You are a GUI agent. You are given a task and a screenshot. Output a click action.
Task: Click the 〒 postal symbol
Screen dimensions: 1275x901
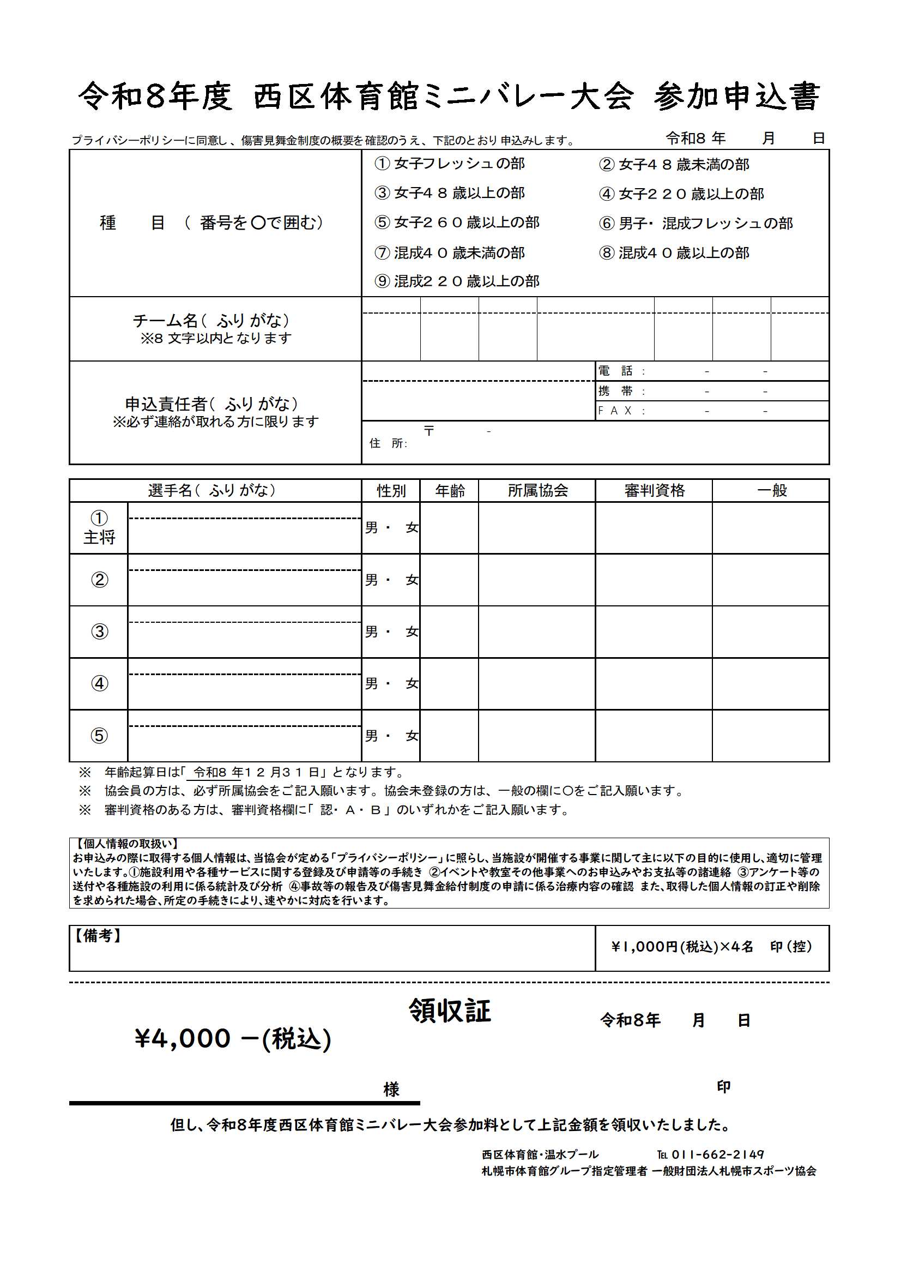tap(429, 431)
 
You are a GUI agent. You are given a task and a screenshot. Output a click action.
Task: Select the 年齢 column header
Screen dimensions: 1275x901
tap(449, 490)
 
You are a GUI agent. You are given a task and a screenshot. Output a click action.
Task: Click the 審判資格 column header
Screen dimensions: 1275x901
tap(654, 490)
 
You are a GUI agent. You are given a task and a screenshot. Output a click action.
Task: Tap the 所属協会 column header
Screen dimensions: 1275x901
tap(537, 490)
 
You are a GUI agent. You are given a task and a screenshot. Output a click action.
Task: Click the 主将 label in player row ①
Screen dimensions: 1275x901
tap(99, 537)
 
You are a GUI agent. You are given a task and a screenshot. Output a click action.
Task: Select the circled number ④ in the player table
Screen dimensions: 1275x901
tap(99, 684)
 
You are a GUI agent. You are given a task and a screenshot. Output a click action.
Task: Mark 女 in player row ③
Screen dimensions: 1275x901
tap(412, 632)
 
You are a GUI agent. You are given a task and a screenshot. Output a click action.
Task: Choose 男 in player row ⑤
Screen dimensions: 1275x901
tap(371, 736)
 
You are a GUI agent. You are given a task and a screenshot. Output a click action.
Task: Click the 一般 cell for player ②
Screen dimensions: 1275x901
tap(771, 579)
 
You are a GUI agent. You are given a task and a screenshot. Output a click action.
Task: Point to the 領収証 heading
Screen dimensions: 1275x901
tap(450, 1011)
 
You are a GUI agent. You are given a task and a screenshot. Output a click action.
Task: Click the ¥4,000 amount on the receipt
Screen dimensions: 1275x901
tap(183, 1038)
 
